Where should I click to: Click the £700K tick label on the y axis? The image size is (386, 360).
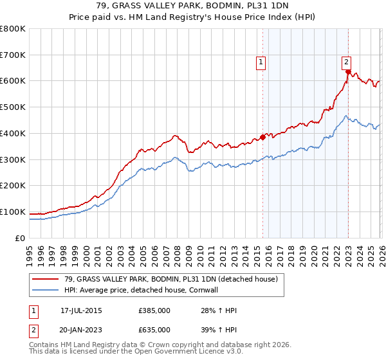[x=13, y=55]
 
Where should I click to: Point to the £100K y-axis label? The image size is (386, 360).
[x=13, y=212]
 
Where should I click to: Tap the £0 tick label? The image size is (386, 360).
[x=19, y=238]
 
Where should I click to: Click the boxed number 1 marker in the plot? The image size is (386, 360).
[x=261, y=62]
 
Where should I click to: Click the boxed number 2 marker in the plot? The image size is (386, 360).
[x=346, y=62]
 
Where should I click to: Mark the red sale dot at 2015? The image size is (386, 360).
[x=262, y=137]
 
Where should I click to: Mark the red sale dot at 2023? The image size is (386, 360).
[x=348, y=72]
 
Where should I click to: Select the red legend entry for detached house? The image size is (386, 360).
[x=170, y=279]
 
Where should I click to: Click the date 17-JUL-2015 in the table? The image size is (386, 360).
[x=81, y=310]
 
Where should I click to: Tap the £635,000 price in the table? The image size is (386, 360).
[x=154, y=329]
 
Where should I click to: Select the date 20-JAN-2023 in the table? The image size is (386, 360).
[x=81, y=329]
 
